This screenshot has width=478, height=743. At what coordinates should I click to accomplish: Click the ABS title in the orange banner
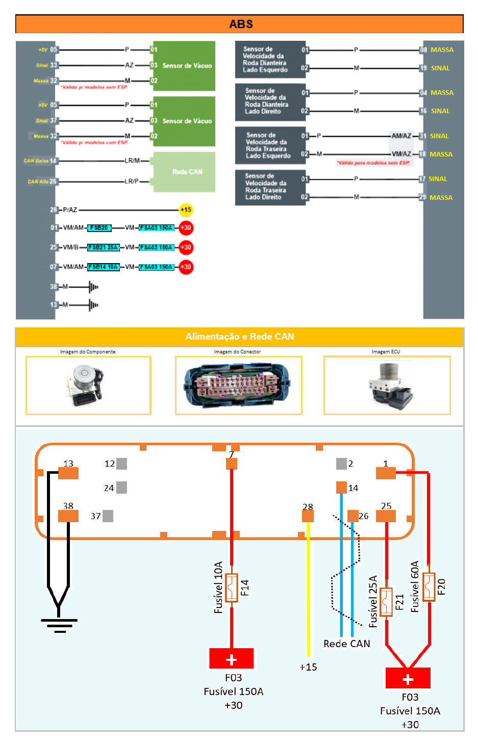point(241,24)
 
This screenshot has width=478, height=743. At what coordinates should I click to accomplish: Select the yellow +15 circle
point(186,210)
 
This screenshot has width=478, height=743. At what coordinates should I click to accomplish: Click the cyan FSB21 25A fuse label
point(103,247)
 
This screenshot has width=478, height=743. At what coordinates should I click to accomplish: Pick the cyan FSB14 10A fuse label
point(103,267)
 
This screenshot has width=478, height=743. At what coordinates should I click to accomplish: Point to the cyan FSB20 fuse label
point(99,228)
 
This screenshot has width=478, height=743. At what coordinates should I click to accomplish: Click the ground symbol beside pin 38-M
point(93,287)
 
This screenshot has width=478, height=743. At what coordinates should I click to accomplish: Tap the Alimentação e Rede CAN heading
point(239,337)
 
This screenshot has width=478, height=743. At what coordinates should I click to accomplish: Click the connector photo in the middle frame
point(238,385)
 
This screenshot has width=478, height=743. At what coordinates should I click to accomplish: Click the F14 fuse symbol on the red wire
point(232,588)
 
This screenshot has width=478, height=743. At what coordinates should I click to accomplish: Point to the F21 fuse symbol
point(387,602)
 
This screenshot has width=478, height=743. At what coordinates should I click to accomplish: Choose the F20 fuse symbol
point(429,587)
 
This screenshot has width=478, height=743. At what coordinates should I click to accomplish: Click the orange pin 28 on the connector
point(308,516)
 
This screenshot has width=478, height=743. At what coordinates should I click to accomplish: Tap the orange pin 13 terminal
point(68,473)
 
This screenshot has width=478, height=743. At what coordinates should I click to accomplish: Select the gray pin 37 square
point(108,516)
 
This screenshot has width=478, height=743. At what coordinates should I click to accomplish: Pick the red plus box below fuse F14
point(231,658)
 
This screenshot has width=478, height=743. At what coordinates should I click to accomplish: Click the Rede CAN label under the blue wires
point(347,644)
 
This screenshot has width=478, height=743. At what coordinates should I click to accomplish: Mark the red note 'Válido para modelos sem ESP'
point(373,163)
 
